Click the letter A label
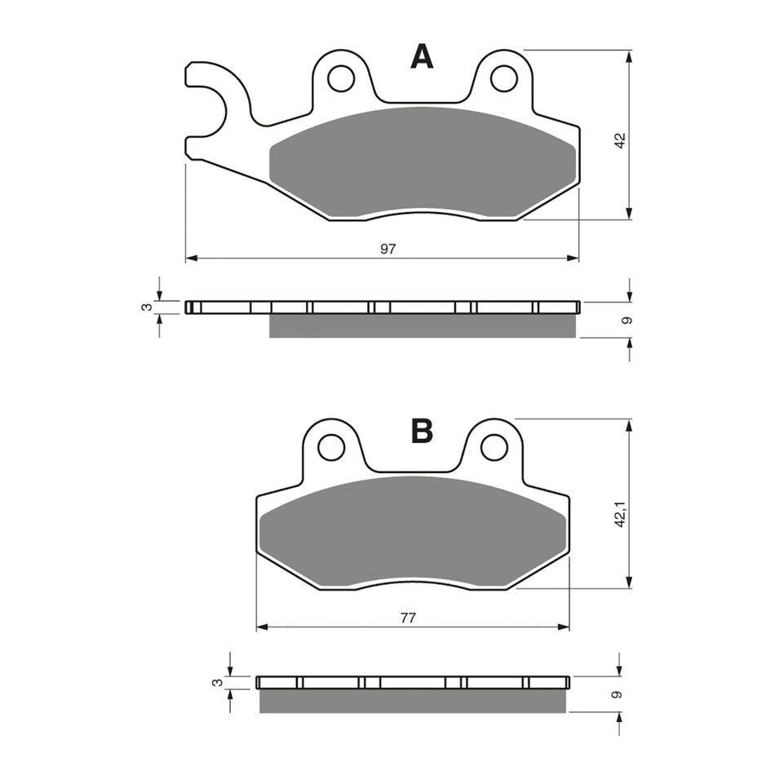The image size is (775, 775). coord(422,56)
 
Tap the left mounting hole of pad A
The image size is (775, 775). coord(340,78)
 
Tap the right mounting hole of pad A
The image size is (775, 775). coord(503,78)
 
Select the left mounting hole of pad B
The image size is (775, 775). coord(330,447)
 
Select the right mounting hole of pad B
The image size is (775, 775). coord(494,447)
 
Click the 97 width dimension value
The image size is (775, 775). coord(387,249)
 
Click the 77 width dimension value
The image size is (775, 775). coord(408,618)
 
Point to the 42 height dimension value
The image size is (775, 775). coord(620,140)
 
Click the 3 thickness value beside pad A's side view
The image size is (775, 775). coord(147,307)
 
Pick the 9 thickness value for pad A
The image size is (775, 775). coord(626,320)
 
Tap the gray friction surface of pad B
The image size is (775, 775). coord(412,530)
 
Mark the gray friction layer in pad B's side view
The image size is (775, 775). coord(412,701)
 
